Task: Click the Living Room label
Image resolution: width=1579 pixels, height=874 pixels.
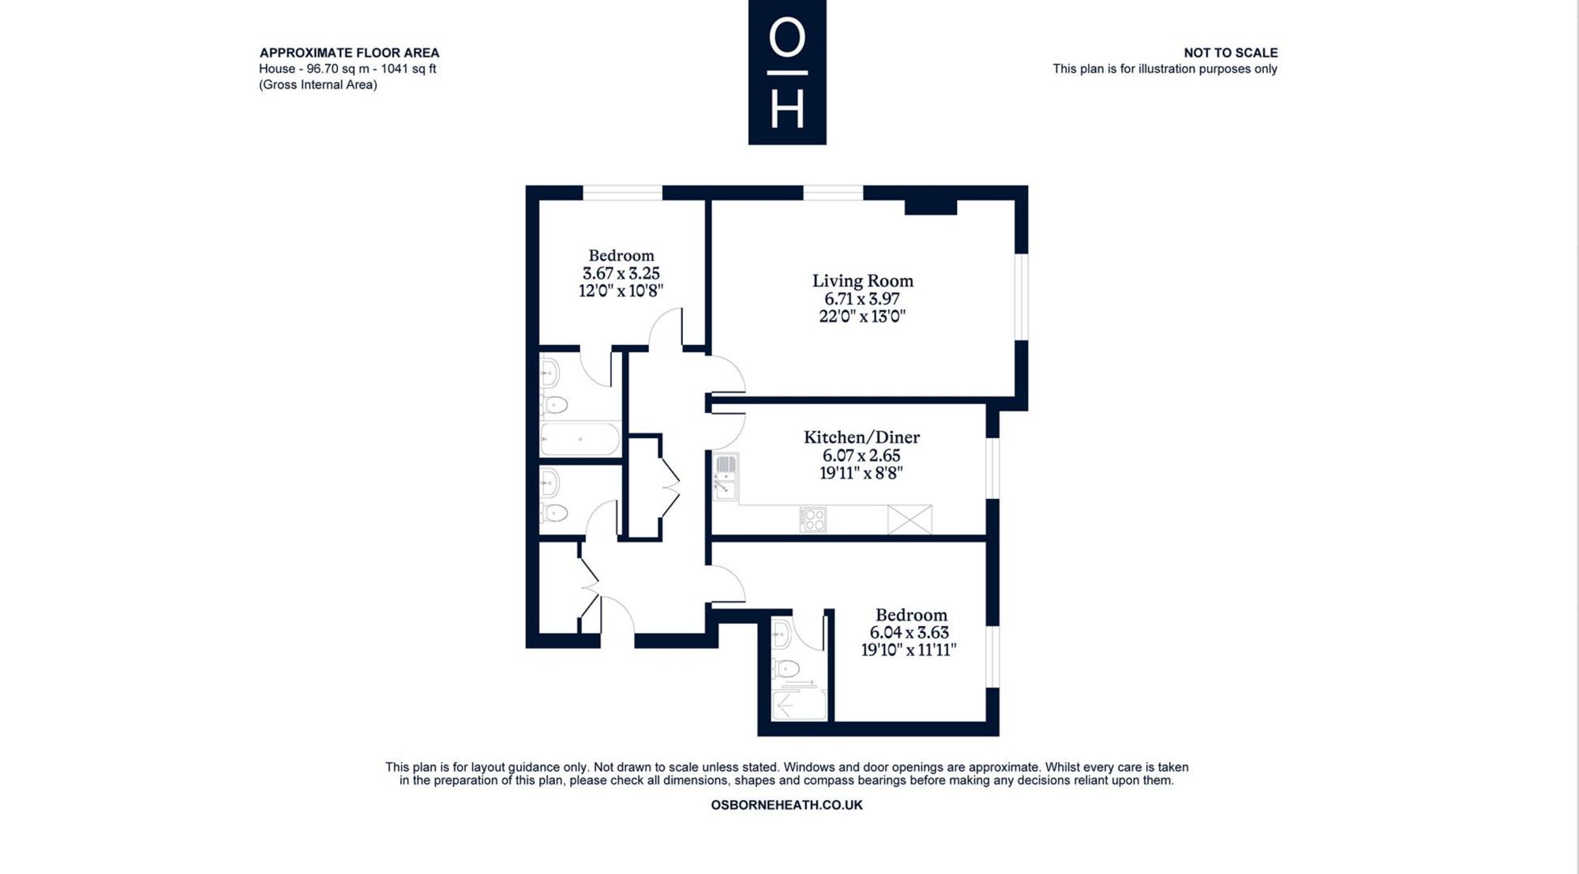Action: tap(862, 280)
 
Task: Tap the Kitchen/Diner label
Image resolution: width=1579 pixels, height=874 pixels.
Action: tap(861, 437)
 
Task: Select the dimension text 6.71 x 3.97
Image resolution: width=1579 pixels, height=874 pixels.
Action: tap(862, 298)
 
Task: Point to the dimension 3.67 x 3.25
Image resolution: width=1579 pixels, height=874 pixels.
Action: tap(621, 273)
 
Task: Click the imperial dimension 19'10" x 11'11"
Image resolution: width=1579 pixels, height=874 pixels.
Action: tap(909, 650)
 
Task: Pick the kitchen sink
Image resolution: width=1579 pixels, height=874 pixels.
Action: tap(725, 477)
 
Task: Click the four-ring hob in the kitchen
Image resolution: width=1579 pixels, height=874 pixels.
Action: tap(812, 519)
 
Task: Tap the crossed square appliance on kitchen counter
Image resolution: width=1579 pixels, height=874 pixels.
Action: tap(910, 520)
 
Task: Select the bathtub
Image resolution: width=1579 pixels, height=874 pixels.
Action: tap(580, 439)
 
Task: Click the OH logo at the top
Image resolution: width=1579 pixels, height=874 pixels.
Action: tap(787, 73)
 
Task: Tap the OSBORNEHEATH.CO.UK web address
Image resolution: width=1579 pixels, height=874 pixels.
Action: tap(786, 805)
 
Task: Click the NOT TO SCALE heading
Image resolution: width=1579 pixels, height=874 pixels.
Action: tap(1230, 53)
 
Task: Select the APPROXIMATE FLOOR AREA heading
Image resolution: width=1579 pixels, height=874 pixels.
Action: tap(349, 53)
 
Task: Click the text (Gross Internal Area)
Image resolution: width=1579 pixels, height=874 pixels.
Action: tap(318, 84)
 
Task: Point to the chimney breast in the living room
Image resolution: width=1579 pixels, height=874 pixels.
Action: tap(930, 207)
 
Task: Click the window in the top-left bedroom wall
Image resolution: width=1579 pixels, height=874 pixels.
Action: tap(622, 193)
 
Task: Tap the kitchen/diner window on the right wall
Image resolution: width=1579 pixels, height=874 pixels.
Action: tap(993, 467)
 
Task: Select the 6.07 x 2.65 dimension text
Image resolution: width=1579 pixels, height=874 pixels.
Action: tap(861, 456)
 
